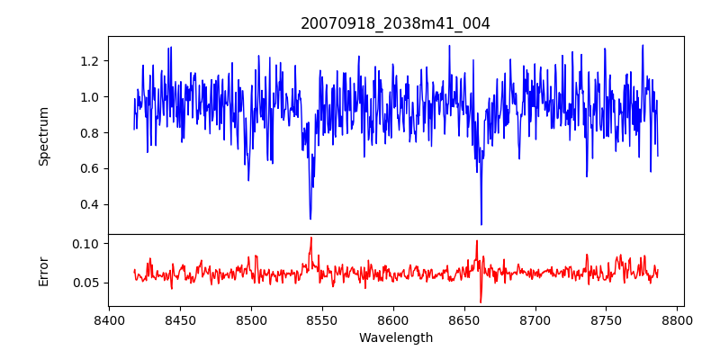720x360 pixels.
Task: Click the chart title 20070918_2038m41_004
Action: pyautogui.click(x=395, y=23)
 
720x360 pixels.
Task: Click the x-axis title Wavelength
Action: pyautogui.click(x=395, y=338)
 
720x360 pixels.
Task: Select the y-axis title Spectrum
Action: pyautogui.click(x=44, y=136)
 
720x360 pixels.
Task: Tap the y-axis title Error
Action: pyautogui.click(x=44, y=271)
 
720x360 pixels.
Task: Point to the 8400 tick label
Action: pyautogui.click(x=109, y=319)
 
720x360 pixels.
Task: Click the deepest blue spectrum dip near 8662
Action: pyautogui.click(x=481, y=224)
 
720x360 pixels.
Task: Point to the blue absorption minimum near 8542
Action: pyautogui.click(x=310, y=219)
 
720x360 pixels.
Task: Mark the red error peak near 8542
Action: pyautogui.click(x=310, y=238)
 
